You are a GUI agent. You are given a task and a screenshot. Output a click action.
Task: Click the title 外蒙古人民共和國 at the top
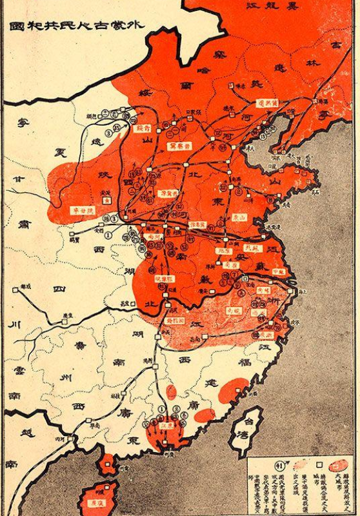[x=77, y=27]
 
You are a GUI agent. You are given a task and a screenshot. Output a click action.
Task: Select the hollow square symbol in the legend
[x=318, y=464]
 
